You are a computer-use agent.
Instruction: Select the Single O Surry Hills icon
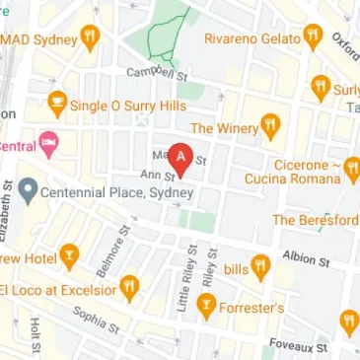tap(57, 102)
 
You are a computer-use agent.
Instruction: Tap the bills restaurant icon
tap(260, 265)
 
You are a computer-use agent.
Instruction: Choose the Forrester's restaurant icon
tap(206, 307)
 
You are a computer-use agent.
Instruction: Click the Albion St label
tap(305, 258)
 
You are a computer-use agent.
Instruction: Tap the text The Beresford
tap(315, 220)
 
